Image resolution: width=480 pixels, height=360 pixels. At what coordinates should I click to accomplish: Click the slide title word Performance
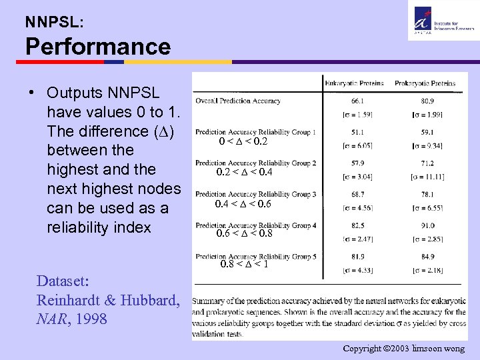98,47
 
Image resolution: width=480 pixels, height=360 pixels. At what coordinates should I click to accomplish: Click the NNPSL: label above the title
55,21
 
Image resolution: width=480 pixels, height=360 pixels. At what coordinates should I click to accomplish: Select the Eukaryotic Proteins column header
354,83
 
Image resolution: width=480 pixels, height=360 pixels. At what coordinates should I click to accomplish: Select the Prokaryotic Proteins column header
425,83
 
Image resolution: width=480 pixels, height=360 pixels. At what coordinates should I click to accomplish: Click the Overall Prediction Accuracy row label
238,101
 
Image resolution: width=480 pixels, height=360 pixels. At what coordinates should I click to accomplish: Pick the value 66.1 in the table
357,101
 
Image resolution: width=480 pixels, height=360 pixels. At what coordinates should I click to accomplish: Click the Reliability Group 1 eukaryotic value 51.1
357,132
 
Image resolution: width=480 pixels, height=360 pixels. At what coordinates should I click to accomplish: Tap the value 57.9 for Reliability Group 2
357,163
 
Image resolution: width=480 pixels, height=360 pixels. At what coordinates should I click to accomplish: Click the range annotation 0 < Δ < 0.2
243,142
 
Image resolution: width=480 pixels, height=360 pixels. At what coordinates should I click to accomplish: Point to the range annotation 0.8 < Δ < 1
244,265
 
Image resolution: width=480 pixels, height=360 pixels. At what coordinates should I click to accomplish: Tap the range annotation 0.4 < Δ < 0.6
243,203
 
